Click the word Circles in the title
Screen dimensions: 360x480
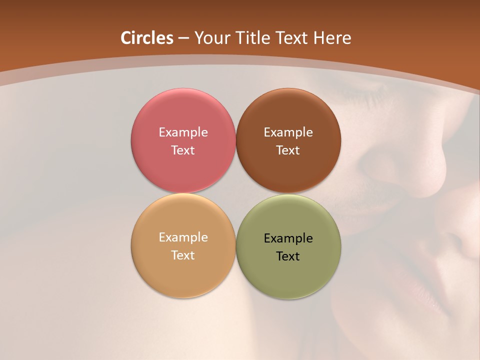(x=147, y=38)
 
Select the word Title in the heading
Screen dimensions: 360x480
(x=253, y=38)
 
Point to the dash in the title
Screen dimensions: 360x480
(x=183, y=38)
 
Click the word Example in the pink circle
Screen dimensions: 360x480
(x=183, y=132)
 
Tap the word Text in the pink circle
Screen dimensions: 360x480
(x=183, y=150)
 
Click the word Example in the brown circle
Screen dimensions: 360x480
(x=288, y=132)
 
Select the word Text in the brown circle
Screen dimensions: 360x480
(x=288, y=150)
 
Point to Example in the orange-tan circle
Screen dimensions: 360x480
(x=183, y=237)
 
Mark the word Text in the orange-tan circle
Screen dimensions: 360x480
(x=183, y=255)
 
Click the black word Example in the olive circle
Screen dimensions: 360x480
(x=288, y=238)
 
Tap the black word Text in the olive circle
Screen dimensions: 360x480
(x=288, y=256)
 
